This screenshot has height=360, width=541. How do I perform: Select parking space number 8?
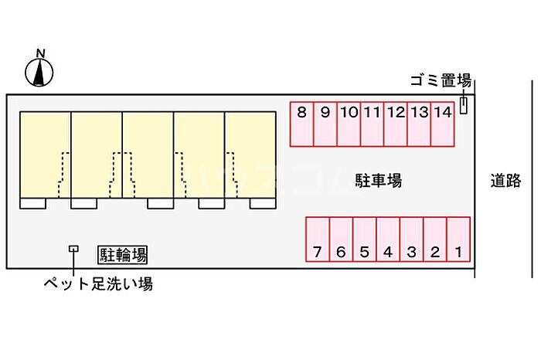pyautogui.click(x=301, y=124)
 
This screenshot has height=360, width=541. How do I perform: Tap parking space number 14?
pyautogui.click(x=442, y=124)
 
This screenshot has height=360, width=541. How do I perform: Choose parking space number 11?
pyautogui.click(x=372, y=124)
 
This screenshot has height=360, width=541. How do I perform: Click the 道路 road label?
pyautogui.click(x=505, y=181)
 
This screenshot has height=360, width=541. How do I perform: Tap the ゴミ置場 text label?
pyautogui.click(x=441, y=80)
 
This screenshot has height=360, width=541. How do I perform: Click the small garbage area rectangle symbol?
pyautogui.click(x=464, y=106)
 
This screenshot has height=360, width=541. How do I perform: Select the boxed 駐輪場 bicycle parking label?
pyautogui.click(x=123, y=253)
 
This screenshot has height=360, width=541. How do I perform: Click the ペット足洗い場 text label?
pyautogui.click(x=97, y=284)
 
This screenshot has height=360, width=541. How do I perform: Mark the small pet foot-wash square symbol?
pyautogui.click(x=73, y=249)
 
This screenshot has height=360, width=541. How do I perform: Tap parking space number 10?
pyautogui.click(x=349, y=124)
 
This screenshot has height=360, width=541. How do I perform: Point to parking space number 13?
pyautogui.click(x=419, y=124)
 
